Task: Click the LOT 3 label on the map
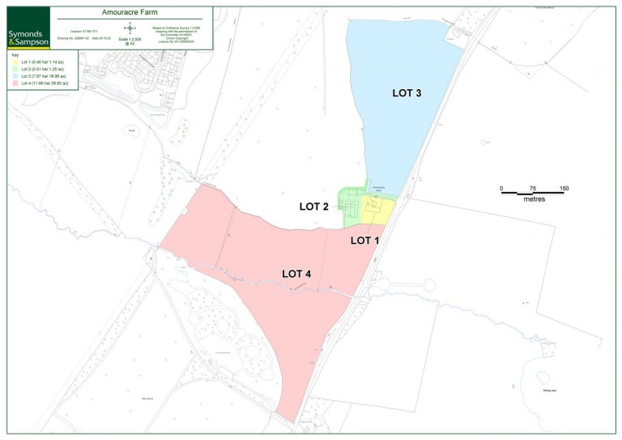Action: (x=407, y=93)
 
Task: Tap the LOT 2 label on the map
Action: (x=313, y=207)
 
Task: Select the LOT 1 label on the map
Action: (x=364, y=241)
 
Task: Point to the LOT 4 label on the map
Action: (x=296, y=274)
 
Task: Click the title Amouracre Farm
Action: (x=134, y=14)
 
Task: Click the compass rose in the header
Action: (x=129, y=28)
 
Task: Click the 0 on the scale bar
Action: (x=501, y=189)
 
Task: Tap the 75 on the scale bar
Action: (x=532, y=189)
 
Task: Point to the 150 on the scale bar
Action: (x=564, y=189)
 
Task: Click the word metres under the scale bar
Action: (x=533, y=199)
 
